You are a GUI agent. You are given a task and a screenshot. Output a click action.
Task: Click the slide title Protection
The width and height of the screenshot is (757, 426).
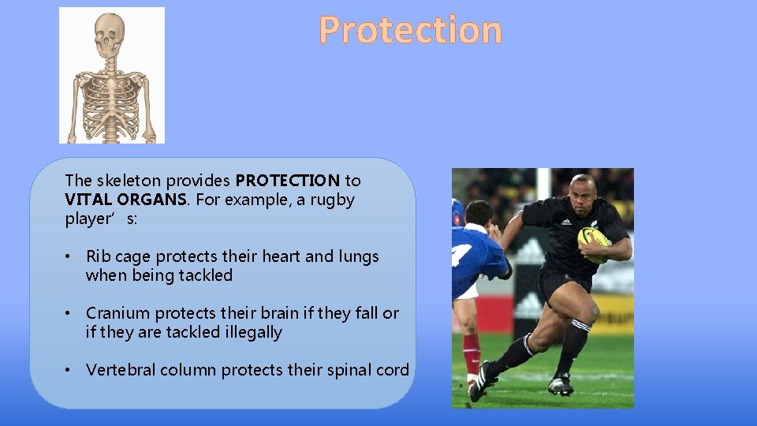coord(410,31)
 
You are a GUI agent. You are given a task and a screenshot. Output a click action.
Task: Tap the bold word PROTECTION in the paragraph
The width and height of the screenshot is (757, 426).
coord(287,181)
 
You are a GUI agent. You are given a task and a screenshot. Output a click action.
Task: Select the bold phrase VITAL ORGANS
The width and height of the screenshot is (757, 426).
coord(126,200)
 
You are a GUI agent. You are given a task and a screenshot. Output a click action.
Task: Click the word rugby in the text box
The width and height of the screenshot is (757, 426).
coord(333,200)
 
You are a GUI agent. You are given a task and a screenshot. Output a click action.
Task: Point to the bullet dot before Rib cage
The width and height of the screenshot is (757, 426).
coord(70,256)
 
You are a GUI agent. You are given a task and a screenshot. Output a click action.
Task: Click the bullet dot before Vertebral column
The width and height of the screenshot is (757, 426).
coord(70,370)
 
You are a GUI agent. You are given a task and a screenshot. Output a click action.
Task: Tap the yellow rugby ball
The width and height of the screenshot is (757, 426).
coord(593,243)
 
